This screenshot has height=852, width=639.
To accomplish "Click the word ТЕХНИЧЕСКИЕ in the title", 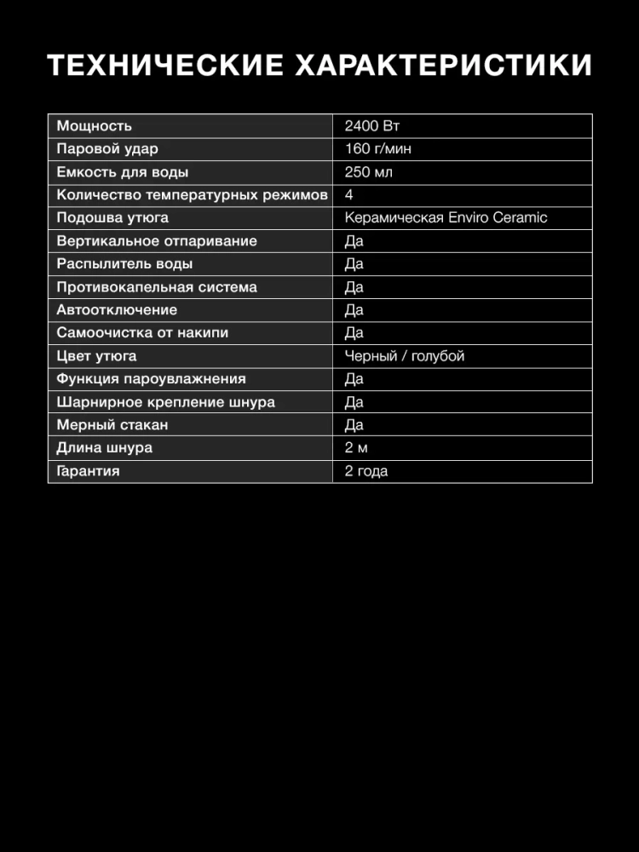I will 165,66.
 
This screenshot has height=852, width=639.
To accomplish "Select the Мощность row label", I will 95,126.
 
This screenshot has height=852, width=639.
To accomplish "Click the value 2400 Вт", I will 372,126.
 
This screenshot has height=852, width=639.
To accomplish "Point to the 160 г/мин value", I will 378,149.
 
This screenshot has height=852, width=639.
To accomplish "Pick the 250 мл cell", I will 369,172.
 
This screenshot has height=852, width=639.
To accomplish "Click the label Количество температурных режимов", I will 192,195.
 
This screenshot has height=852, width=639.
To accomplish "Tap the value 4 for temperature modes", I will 349,195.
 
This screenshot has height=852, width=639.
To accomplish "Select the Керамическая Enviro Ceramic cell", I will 446,218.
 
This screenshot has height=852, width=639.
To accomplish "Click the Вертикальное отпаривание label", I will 157,241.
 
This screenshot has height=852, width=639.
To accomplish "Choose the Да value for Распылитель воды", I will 354,264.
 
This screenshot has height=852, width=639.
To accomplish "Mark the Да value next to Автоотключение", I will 354,310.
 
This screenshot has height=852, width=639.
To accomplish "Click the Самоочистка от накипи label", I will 142,333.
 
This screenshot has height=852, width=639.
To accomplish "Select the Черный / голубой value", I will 405,356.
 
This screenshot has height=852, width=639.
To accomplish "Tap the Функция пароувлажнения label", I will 151,379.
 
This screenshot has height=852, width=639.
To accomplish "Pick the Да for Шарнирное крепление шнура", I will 354,402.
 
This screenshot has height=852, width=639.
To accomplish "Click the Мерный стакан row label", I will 112,425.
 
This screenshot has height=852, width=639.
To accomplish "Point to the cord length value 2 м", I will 356,448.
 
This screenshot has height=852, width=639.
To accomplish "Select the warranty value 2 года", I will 366,471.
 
